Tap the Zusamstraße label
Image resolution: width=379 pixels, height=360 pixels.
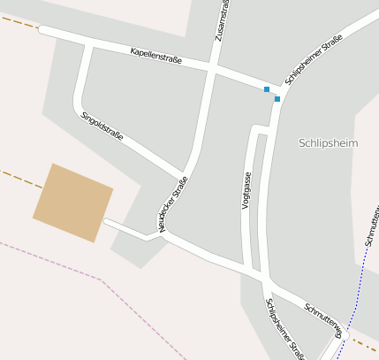(x=220, y=20)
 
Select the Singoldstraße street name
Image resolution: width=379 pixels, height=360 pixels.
(x=102, y=127)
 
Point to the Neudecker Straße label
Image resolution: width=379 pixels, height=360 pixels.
(x=173, y=205)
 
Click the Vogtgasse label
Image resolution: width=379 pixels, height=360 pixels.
(x=246, y=190)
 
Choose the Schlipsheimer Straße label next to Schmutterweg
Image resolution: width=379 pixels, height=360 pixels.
(x=284, y=329)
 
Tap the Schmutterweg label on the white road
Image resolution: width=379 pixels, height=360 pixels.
(x=322, y=320)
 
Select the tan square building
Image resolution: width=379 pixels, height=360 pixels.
(x=72, y=203)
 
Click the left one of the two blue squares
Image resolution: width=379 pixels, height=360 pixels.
(x=267, y=89)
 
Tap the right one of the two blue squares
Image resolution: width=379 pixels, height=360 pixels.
(x=277, y=99)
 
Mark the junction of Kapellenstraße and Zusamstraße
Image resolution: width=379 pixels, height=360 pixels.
(x=213, y=66)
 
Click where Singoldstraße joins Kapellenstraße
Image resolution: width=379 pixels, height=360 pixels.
(x=88, y=42)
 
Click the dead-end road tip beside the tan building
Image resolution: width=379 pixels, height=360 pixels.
(x=106, y=221)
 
